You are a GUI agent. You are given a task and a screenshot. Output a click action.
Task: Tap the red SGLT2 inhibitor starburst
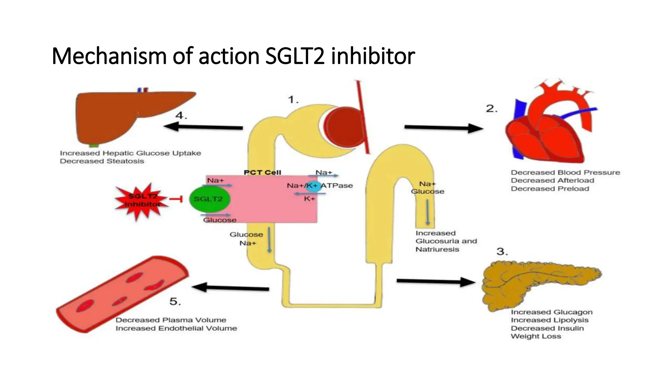pos(142,201)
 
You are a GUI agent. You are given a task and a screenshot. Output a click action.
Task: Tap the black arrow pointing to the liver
pos(203,127)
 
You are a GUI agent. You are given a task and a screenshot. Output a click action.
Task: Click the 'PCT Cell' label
pos(262,173)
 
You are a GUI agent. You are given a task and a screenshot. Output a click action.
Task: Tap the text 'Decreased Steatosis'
pos(102,161)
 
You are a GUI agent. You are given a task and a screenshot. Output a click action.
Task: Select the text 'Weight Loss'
pos(536,336)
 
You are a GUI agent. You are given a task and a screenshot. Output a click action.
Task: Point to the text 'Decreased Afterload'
pos(552,180)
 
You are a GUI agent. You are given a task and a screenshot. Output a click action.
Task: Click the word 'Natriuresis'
pos(437,249)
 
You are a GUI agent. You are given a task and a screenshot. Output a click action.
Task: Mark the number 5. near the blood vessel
pos(175,302)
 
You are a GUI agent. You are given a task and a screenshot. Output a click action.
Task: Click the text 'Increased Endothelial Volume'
pos(176,328)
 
